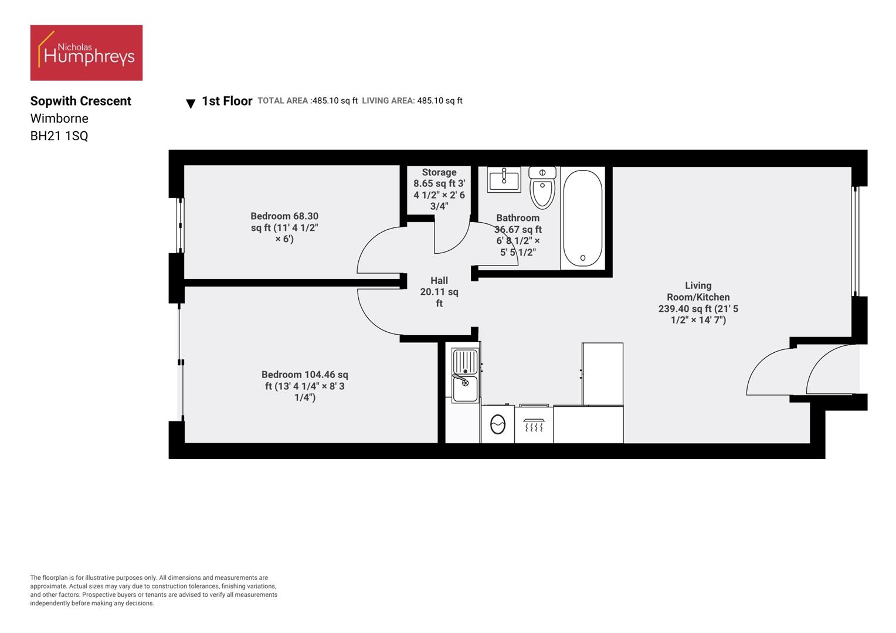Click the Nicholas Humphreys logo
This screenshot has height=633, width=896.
[x=86, y=53]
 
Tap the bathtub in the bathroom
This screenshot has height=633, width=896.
[x=582, y=219]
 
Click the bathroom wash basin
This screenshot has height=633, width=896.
[x=504, y=179]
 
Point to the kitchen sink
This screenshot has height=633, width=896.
[x=464, y=375]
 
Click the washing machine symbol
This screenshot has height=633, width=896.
[x=498, y=424]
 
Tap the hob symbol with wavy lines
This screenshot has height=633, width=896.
[x=534, y=424]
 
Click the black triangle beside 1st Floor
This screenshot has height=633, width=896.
[x=191, y=104]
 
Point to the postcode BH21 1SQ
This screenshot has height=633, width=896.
[x=59, y=136]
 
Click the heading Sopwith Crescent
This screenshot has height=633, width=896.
[x=81, y=101]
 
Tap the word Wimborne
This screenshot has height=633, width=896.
[x=59, y=118]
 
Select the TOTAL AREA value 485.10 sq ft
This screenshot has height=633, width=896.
[x=335, y=101]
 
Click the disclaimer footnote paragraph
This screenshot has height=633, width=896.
[x=154, y=590]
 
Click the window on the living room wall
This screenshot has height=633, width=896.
[x=855, y=241]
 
